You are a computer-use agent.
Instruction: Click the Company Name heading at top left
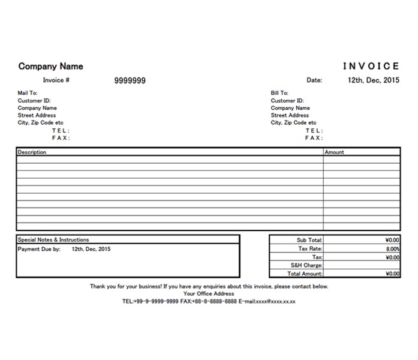(50, 67)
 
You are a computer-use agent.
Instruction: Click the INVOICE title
(371, 67)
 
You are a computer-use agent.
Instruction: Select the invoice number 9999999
(130, 80)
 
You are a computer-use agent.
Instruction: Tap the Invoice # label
(56, 80)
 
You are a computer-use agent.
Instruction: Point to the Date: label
(314, 80)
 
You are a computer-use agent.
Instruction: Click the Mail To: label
(28, 93)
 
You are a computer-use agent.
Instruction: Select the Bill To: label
(279, 93)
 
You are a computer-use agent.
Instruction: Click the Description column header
(32, 152)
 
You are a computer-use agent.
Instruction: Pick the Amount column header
(334, 152)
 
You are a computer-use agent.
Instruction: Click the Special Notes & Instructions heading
(53, 239)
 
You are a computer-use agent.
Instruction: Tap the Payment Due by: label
(39, 248)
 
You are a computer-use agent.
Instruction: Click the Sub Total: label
(309, 240)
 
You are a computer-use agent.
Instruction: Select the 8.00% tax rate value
(393, 248)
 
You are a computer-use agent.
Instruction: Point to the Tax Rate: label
(310, 248)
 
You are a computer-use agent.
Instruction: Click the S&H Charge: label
(306, 265)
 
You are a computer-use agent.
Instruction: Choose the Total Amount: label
(305, 274)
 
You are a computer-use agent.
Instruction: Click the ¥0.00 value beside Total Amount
(392, 274)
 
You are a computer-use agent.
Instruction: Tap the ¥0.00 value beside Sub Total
(392, 240)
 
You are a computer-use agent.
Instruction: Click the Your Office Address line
(209, 293)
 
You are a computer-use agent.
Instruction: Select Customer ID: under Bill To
(287, 101)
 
